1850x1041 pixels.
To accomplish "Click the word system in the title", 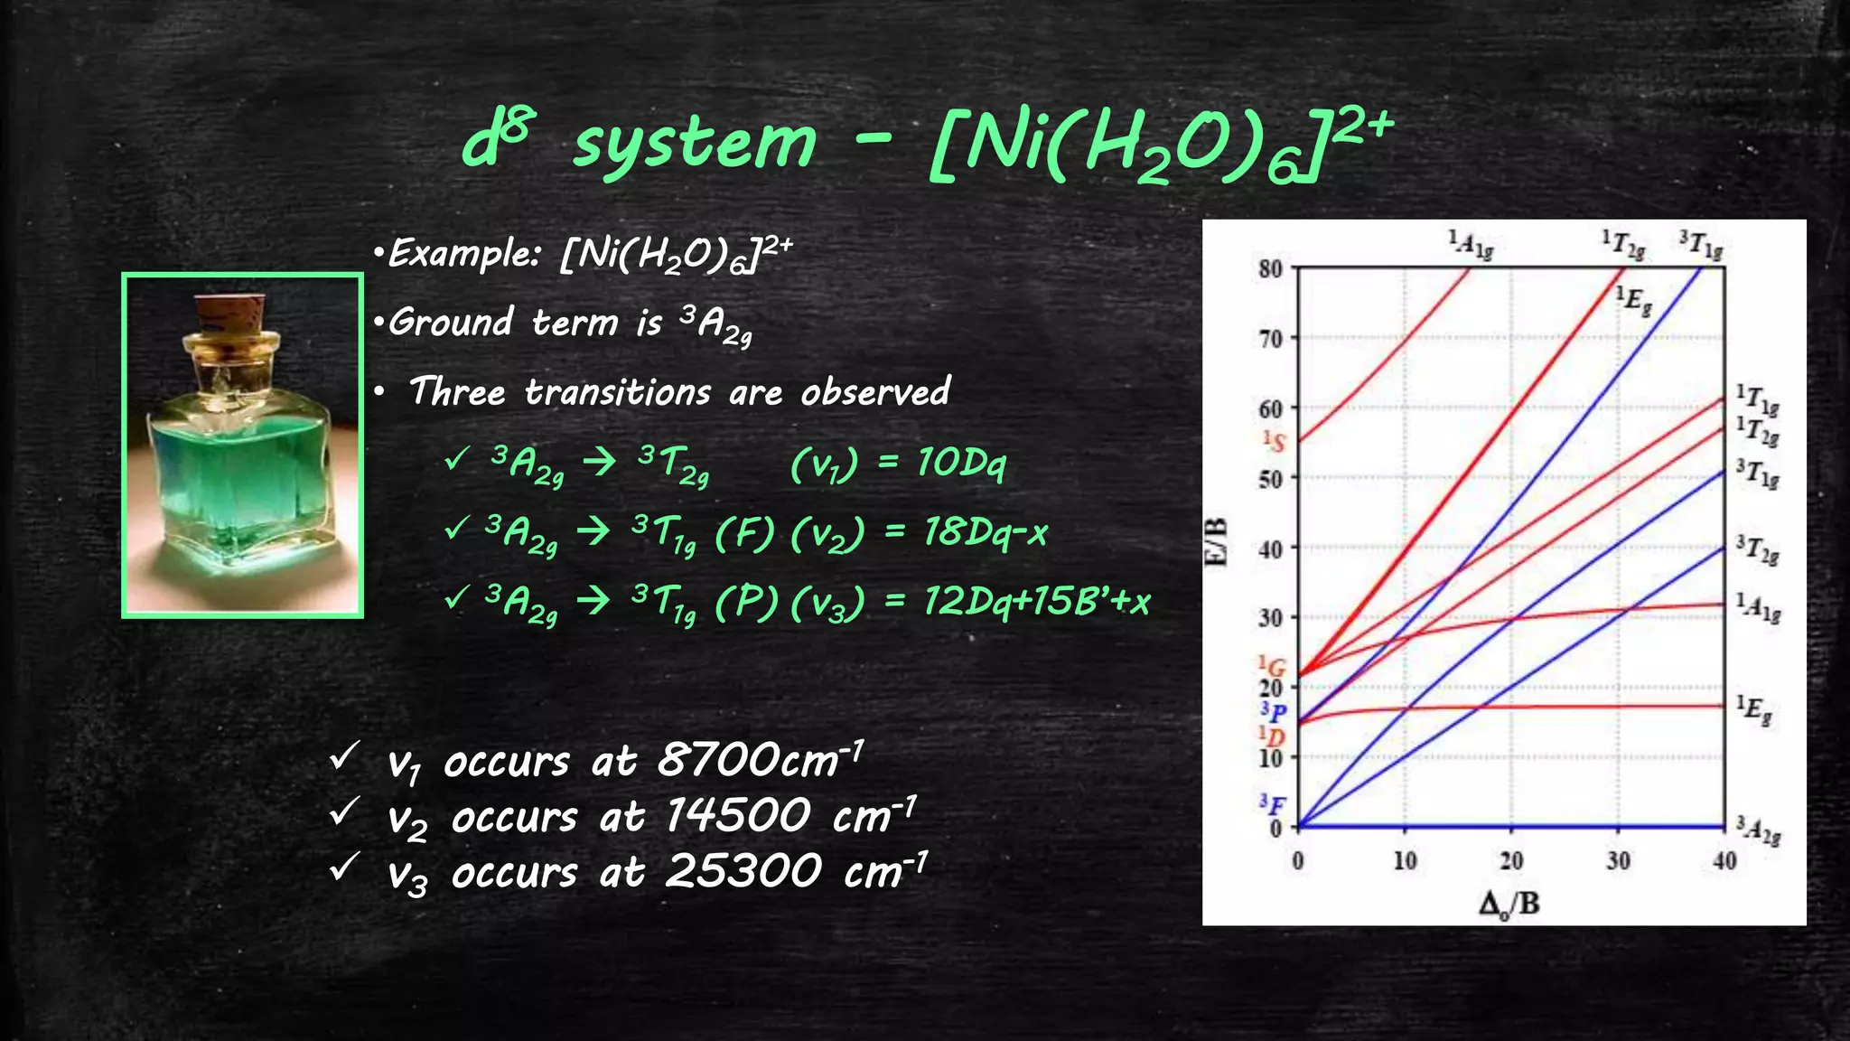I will point(695,145).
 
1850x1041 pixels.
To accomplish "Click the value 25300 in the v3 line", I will point(743,871).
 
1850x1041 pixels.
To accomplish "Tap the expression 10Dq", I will point(960,463).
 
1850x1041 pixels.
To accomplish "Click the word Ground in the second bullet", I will point(451,322).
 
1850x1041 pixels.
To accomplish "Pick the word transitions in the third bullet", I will point(618,392).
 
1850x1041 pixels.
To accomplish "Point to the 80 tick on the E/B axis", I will point(1270,268).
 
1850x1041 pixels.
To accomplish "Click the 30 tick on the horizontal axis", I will point(1618,861).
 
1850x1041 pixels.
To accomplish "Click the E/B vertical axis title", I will point(1218,542).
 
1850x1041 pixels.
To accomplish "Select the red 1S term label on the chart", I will point(1274,441).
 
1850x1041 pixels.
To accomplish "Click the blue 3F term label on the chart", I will point(1273,803).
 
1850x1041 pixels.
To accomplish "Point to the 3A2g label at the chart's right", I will point(1758,830).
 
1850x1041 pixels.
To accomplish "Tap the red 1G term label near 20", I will point(1273,667).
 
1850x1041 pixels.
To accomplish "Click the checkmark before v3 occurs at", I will point(344,867).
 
